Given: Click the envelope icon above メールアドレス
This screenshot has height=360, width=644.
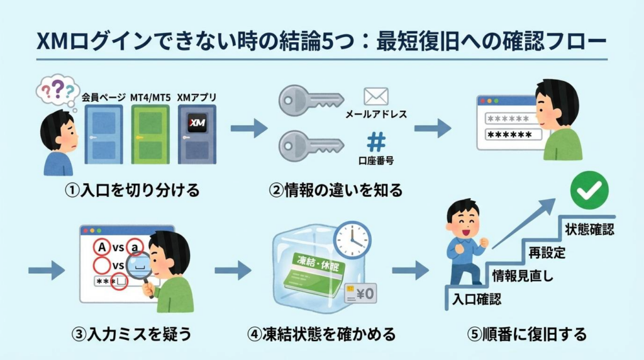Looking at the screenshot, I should (x=376, y=96).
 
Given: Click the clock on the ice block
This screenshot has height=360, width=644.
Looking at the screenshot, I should (x=352, y=239).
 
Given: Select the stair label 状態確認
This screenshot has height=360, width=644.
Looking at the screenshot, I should (x=589, y=229).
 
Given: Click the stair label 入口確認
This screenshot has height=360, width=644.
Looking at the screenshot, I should (x=476, y=299).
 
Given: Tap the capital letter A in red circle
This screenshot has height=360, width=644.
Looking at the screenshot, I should (x=100, y=246).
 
